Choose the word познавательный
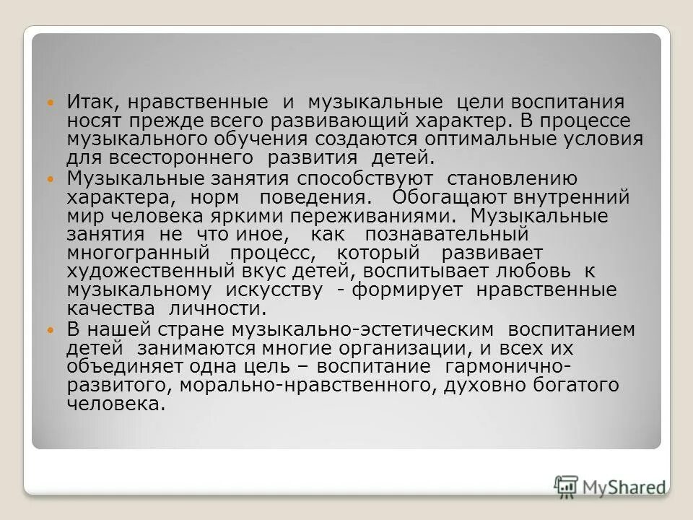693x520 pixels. (447, 235)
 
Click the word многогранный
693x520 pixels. (138, 253)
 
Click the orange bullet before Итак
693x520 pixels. (50, 104)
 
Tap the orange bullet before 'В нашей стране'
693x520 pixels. (50, 330)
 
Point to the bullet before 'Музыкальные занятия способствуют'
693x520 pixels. (50, 179)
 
